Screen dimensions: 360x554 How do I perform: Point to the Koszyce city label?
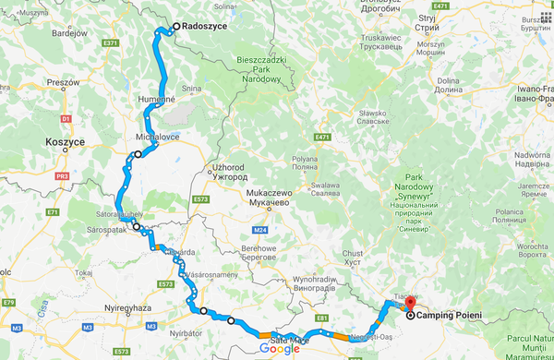click(65, 143)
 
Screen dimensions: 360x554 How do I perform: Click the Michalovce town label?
click(157, 137)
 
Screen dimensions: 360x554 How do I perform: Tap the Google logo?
click(280, 349)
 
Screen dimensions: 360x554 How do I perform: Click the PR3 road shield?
click(63, 174)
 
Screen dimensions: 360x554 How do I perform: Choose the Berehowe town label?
click(259, 248)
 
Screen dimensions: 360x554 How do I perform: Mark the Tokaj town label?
click(87, 273)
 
